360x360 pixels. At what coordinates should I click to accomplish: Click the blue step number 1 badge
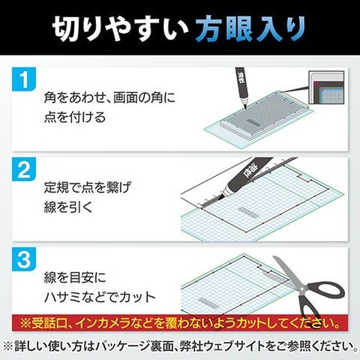click(x=24, y=79)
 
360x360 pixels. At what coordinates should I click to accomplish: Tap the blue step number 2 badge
click(x=24, y=169)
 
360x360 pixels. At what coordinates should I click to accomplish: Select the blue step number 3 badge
click(x=24, y=259)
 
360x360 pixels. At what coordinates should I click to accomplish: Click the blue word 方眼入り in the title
click(x=250, y=29)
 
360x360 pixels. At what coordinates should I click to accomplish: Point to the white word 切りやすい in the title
click(x=120, y=29)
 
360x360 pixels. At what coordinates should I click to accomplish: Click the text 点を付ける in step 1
click(x=75, y=117)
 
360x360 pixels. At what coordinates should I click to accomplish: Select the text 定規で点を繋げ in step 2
click(x=88, y=187)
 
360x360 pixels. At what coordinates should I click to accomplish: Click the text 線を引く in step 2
click(x=68, y=207)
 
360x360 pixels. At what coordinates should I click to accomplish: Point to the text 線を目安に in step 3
click(x=75, y=277)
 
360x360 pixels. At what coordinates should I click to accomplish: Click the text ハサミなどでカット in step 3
click(x=100, y=297)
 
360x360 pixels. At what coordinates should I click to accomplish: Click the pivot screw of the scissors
click(x=302, y=289)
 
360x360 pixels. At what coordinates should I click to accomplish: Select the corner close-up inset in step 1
click(x=326, y=87)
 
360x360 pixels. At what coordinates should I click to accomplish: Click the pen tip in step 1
click(x=245, y=108)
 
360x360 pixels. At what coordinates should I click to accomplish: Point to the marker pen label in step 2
click(x=248, y=172)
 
